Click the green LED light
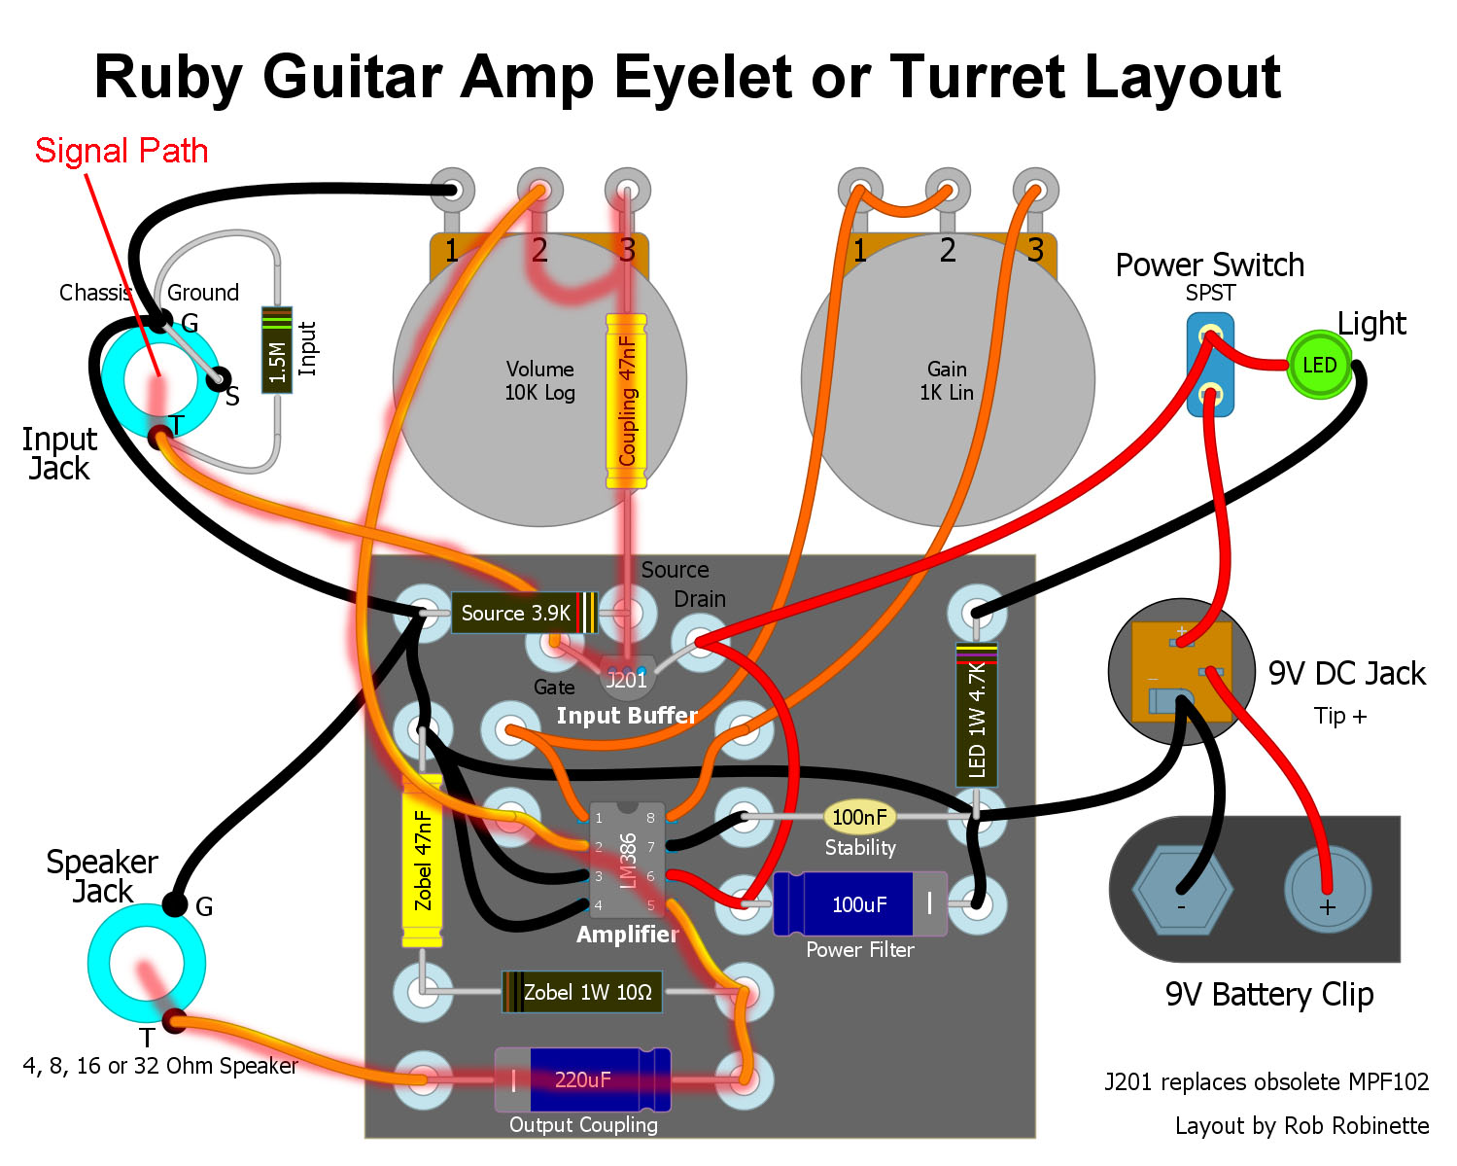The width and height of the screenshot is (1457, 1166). (x=1318, y=365)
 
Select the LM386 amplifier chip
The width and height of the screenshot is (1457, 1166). (x=627, y=860)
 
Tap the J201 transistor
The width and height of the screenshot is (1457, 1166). (x=626, y=677)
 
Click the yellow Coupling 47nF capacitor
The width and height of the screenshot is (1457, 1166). (x=626, y=401)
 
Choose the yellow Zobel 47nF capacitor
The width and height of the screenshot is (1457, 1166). (x=422, y=861)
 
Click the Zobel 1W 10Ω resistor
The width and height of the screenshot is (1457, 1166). (x=581, y=992)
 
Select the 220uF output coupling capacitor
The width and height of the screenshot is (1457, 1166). (x=583, y=1079)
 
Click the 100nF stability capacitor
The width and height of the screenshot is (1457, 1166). (x=859, y=817)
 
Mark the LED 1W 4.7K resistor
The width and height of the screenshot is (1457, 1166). (x=976, y=715)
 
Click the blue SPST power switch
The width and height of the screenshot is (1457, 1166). (x=1210, y=365)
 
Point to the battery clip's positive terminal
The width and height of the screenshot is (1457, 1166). (x=1327, y=890)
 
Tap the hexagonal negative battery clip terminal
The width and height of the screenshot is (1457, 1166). (x=1182, y=890)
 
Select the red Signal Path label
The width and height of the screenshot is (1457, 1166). (x=121, y=151)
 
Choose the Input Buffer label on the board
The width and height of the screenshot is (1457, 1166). (x=627, y=716)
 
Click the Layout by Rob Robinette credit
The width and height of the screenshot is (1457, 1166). (x=1301, y=1125)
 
